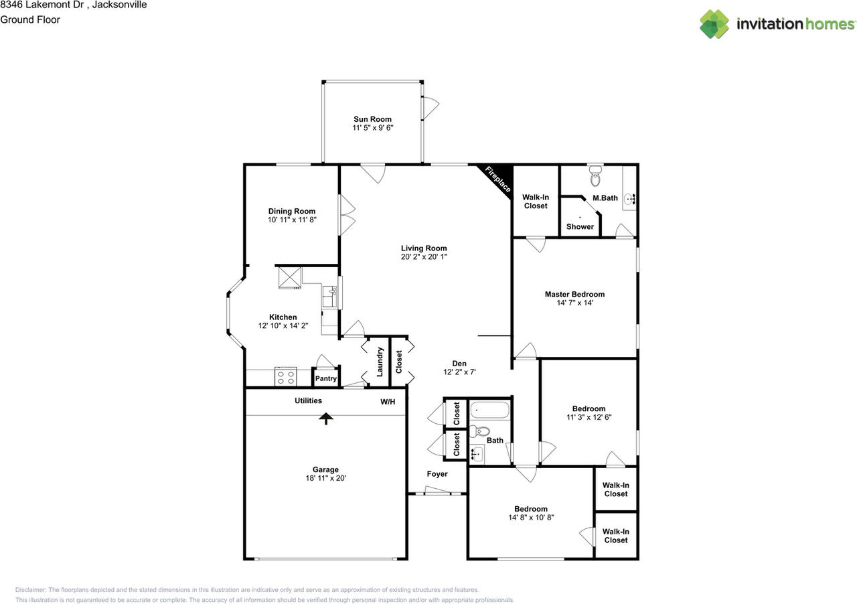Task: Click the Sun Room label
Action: tap(372, 119)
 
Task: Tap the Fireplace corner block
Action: tap(500, 177)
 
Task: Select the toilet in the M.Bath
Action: tap(595, 176)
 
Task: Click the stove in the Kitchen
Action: tap(285, 376)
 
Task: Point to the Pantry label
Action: tap(326, 378)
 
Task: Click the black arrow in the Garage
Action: tap(326, 419)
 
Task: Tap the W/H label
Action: tap(388, 402)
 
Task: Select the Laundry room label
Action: tap(380, 362)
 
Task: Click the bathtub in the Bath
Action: tap(489, 410)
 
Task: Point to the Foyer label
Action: tap(437, 474)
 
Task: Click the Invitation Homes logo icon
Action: tap(714, 24)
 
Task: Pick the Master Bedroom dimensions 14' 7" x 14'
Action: tap(574, 303)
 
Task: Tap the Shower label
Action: tap(580, 226)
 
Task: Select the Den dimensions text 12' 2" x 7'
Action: tap(459, 372)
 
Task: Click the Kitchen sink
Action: tap(329, 296)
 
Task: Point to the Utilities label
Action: tap(309, 400)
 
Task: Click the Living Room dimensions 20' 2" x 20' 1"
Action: tap(424, 256)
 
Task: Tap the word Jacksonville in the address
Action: tap(119, 5)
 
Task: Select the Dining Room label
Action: tap(292, 211)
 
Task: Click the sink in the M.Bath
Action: tap(629, 199)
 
